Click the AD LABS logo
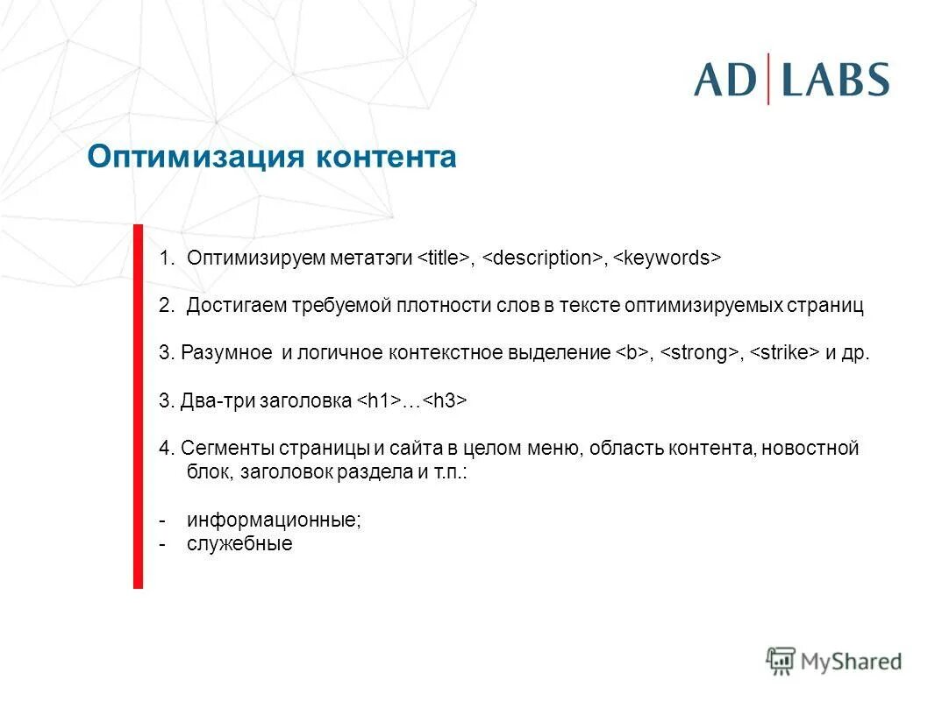(791, 79)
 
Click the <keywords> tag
(666, 258)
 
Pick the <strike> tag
(784, 353)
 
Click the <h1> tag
(378, 401)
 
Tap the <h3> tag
(445, 401)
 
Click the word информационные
(274, 520)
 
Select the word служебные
(239, 543)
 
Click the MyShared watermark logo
(834, 662)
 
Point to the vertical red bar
(138, 406)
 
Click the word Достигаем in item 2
(230, 306)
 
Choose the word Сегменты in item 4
(229, 449)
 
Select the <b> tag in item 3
(631, 353)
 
